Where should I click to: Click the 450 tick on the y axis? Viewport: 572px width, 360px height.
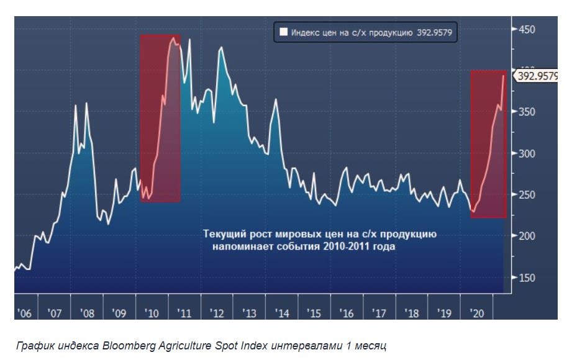click(526, 29)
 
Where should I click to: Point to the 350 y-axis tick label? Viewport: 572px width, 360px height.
click(526, 112)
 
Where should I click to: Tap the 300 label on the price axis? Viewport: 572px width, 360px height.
click(526, 153)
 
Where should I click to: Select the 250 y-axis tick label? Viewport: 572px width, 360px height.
click(526, 195)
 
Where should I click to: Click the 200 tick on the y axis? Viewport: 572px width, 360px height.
click(526, 236)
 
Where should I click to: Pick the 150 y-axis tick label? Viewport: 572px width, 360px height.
click(526, 278)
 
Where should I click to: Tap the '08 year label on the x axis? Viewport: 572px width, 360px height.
click(88, 313)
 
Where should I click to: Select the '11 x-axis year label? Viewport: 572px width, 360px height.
click(184, 313)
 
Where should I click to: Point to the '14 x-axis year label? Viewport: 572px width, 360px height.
click(282, 313)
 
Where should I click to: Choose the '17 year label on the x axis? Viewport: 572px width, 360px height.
click(379, 313)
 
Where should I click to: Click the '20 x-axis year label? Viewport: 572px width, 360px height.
click(476, 313)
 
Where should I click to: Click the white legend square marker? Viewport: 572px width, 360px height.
click(283, 32)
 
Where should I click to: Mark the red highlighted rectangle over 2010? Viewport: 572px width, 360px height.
click(160, 118)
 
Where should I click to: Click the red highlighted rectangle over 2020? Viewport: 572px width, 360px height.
click(488, 143)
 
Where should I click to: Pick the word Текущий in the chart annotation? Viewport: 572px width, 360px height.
click(222, 234)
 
